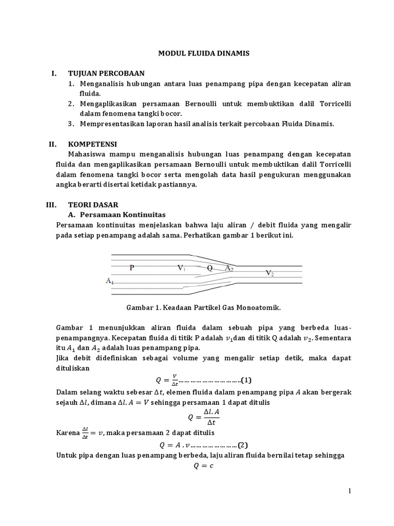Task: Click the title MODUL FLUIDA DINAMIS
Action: [196, 53]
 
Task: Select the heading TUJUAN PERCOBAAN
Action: [107, 73]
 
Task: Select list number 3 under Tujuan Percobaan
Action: [71, 124]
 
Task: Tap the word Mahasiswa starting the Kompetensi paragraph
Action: [88, 155]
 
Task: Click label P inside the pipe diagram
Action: [132, 268]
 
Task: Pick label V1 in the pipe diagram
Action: [182, 268]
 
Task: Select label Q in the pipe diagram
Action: [209, 268]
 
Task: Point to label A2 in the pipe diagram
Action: [229, 268]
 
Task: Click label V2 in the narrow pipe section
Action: [270, 273]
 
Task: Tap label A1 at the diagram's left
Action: [110, 281]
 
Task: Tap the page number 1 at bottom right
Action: [349, 492]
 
